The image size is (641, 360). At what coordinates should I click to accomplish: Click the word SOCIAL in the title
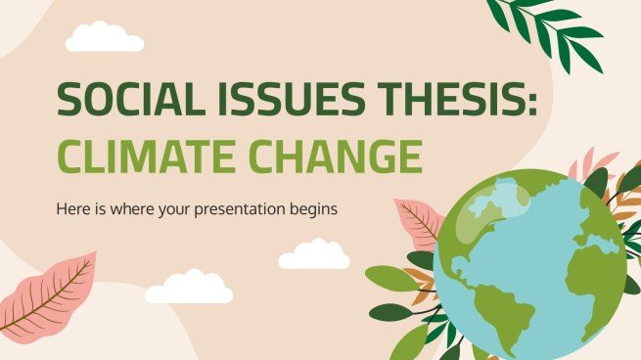(x=116, y=100)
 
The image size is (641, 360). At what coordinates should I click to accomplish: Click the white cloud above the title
(x=104, y=38)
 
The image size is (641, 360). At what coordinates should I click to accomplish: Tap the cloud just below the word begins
(x=314, y=256)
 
